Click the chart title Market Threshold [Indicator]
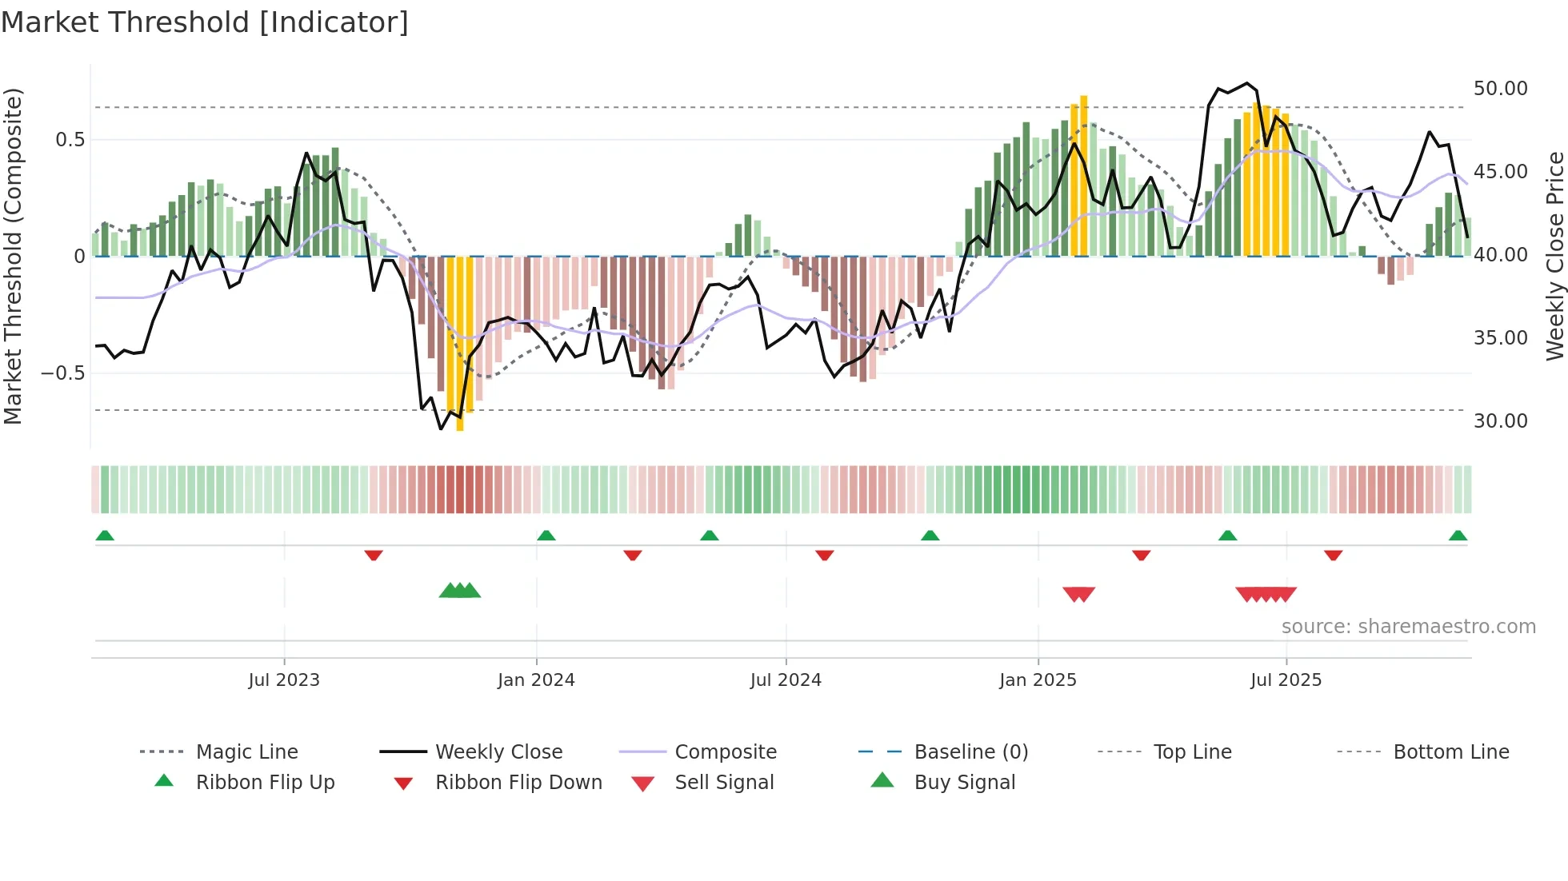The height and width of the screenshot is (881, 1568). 205,22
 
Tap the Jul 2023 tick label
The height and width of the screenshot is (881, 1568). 284,680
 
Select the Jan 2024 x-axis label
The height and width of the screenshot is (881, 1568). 536,680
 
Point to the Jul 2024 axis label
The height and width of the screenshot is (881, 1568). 786,680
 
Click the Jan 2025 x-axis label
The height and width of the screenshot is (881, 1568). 1038,680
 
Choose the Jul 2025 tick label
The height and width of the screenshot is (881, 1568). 1286,680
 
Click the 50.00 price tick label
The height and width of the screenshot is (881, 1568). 1500,89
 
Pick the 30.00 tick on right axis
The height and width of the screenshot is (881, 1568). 1500,421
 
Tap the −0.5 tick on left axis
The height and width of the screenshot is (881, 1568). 62,373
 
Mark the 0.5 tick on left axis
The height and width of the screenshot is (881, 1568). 70,140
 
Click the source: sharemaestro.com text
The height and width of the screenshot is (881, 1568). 1408,627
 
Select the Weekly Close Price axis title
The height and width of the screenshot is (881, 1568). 1554,256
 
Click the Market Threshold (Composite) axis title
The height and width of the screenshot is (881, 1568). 13,256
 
